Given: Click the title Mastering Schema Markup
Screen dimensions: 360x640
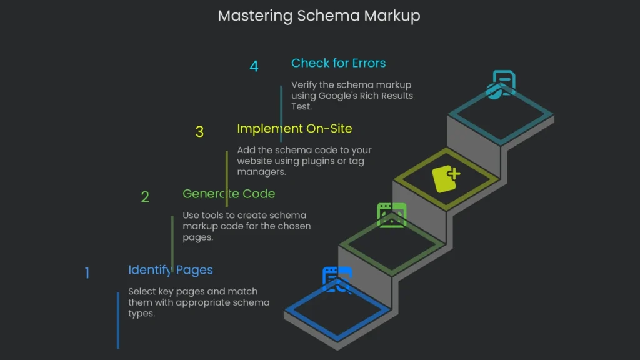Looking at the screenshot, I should (x=319, y=16).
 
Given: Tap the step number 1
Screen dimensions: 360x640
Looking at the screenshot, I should (x=87, y=273).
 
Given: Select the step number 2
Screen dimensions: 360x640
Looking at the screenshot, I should (x=145, y=197).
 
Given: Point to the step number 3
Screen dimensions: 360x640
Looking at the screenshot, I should (x=199, y=132).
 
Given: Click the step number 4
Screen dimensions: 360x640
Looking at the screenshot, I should (x=254, y=66).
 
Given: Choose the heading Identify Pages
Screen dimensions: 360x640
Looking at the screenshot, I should (x=171, y=270).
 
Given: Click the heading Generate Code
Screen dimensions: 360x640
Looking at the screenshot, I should (x=229, y=194).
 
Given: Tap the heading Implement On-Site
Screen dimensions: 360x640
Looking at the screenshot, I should (x=294, y=129).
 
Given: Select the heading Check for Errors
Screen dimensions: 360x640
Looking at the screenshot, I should (x=338, y=63).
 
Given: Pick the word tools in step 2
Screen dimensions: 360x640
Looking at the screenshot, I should (x=215, y=216).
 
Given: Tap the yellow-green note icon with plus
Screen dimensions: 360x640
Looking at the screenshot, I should (x=446, y=179).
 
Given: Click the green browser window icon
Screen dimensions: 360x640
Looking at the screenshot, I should (x=392, y=215).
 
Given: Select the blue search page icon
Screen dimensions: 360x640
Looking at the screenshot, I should (x=337, y=280).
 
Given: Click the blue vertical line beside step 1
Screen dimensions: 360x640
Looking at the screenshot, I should (x=117, y=320).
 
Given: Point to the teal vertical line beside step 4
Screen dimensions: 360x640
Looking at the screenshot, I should (x=281, y=112).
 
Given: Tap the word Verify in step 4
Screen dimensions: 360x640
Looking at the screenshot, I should (x=304, y=85).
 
